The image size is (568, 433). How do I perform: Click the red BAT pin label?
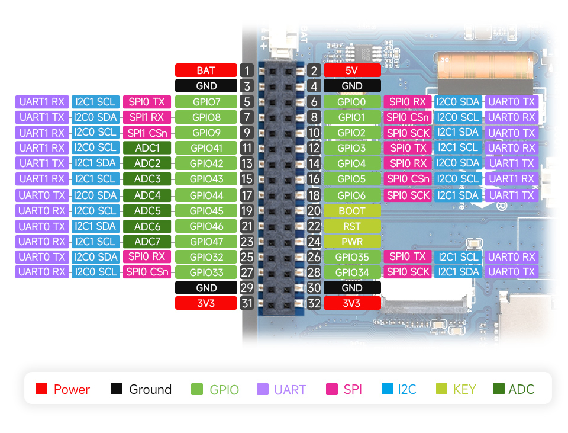[206, 70]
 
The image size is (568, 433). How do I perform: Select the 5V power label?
[351, 70]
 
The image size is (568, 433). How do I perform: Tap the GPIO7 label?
[206, 102]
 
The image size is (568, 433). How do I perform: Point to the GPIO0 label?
[351, 102]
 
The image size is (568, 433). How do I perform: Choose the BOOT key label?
[351, 211]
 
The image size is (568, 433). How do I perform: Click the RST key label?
[351, 226]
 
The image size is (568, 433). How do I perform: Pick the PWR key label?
[351, 242]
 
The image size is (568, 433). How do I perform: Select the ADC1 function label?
[147, 148]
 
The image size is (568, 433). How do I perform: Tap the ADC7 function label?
[147, 242]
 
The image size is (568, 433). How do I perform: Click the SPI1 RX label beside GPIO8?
[147, 117]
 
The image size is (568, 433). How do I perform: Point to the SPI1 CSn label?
[147, 133]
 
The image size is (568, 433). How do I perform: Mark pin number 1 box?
[247, 70]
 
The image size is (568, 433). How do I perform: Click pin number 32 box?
[314, 303]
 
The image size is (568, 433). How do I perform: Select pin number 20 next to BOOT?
[314, 211]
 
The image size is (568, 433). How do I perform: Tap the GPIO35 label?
[351, 257]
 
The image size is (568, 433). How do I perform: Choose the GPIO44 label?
[206, 195]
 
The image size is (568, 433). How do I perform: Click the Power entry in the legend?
[63, 389]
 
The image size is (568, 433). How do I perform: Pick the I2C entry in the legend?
[399, 389]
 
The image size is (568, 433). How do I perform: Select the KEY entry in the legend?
[456, 389]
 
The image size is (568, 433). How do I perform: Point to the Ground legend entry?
[141, 389]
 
